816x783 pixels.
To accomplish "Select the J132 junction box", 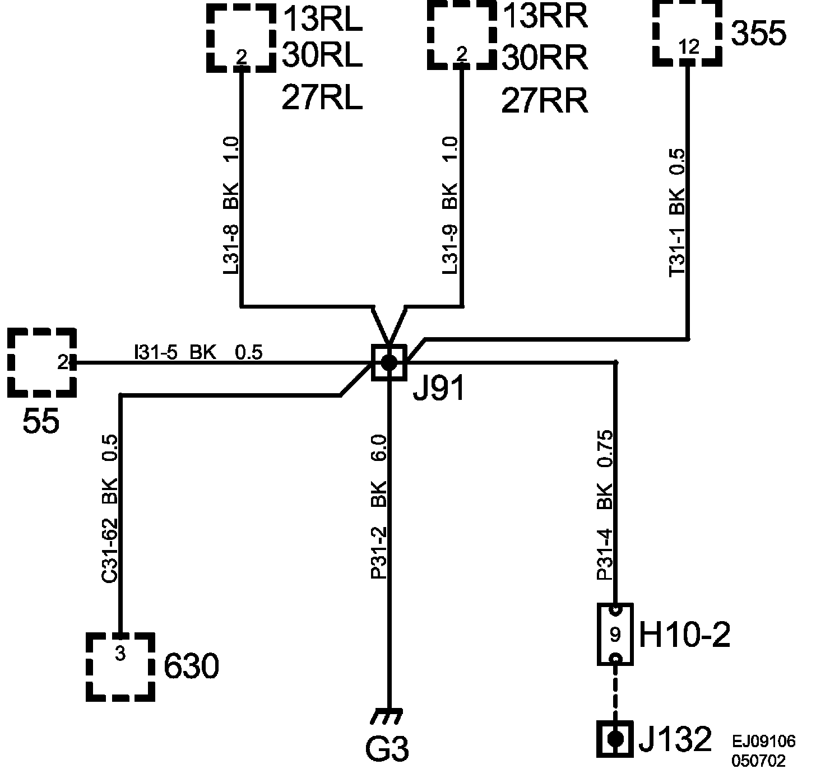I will [615, 739].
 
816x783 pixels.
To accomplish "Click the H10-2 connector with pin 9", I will [615, 634].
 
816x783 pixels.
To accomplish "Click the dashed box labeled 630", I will [120, 667].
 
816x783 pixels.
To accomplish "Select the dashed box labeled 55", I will [42, 363].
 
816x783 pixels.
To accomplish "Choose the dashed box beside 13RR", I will [462, 35].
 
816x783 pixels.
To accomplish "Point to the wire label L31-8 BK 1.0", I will [231, 206].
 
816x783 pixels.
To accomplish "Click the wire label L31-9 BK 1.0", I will [450, 206].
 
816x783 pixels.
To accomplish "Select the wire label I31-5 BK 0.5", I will [198, 352].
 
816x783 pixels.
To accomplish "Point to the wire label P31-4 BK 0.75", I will [605, 504].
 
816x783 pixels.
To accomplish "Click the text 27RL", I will [321, 99].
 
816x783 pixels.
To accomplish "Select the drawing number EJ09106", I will [763, 742].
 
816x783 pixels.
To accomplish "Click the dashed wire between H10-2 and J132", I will [615, 692].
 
